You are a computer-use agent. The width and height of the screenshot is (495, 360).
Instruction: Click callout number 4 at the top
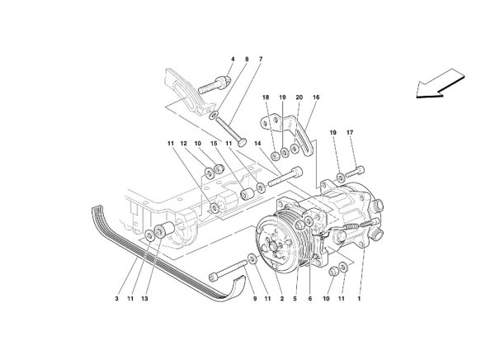(233, 59)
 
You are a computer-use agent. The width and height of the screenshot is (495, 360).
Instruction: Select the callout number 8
(247, 59)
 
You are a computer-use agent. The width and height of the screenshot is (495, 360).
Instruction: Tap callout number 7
(261, 59)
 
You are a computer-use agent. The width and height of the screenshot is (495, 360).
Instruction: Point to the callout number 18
(266, 97)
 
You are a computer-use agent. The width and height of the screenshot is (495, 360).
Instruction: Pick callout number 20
(299, 97)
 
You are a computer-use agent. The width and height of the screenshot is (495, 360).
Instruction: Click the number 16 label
(315, 97)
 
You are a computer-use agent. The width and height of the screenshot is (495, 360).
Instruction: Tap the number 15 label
(214, 144)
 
